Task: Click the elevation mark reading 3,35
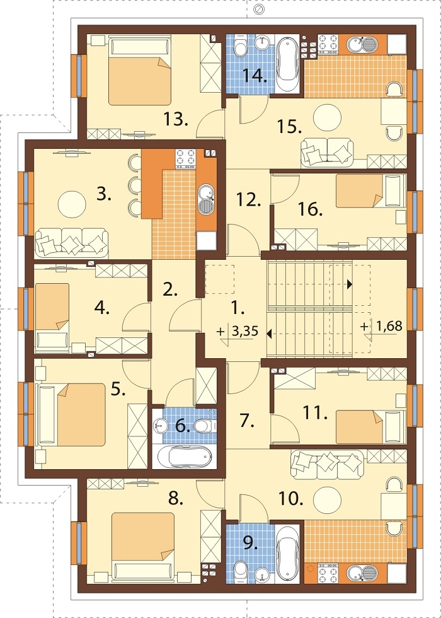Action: (245, 331)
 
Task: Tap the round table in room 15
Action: (327, 117)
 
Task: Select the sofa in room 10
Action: (327, 465)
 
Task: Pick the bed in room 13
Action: (140, 71)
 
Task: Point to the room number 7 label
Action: (246, 421)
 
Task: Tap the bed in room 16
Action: (370, 190)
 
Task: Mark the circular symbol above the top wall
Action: (259, 9)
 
